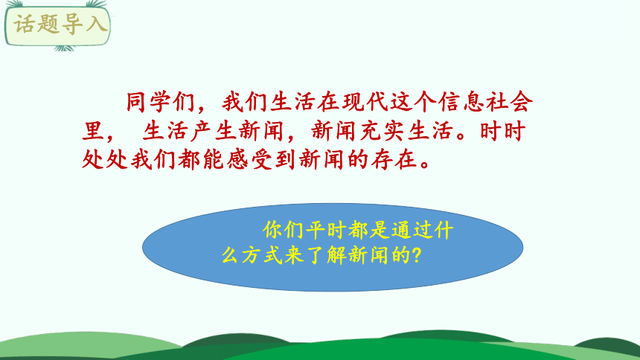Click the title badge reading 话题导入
click(x=60, y=25)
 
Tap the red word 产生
click(x=211, y=132)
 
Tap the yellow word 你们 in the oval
click(x=284, y=228)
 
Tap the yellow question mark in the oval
click(x=417, y=255)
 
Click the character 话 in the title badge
click(x=27, y=25)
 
